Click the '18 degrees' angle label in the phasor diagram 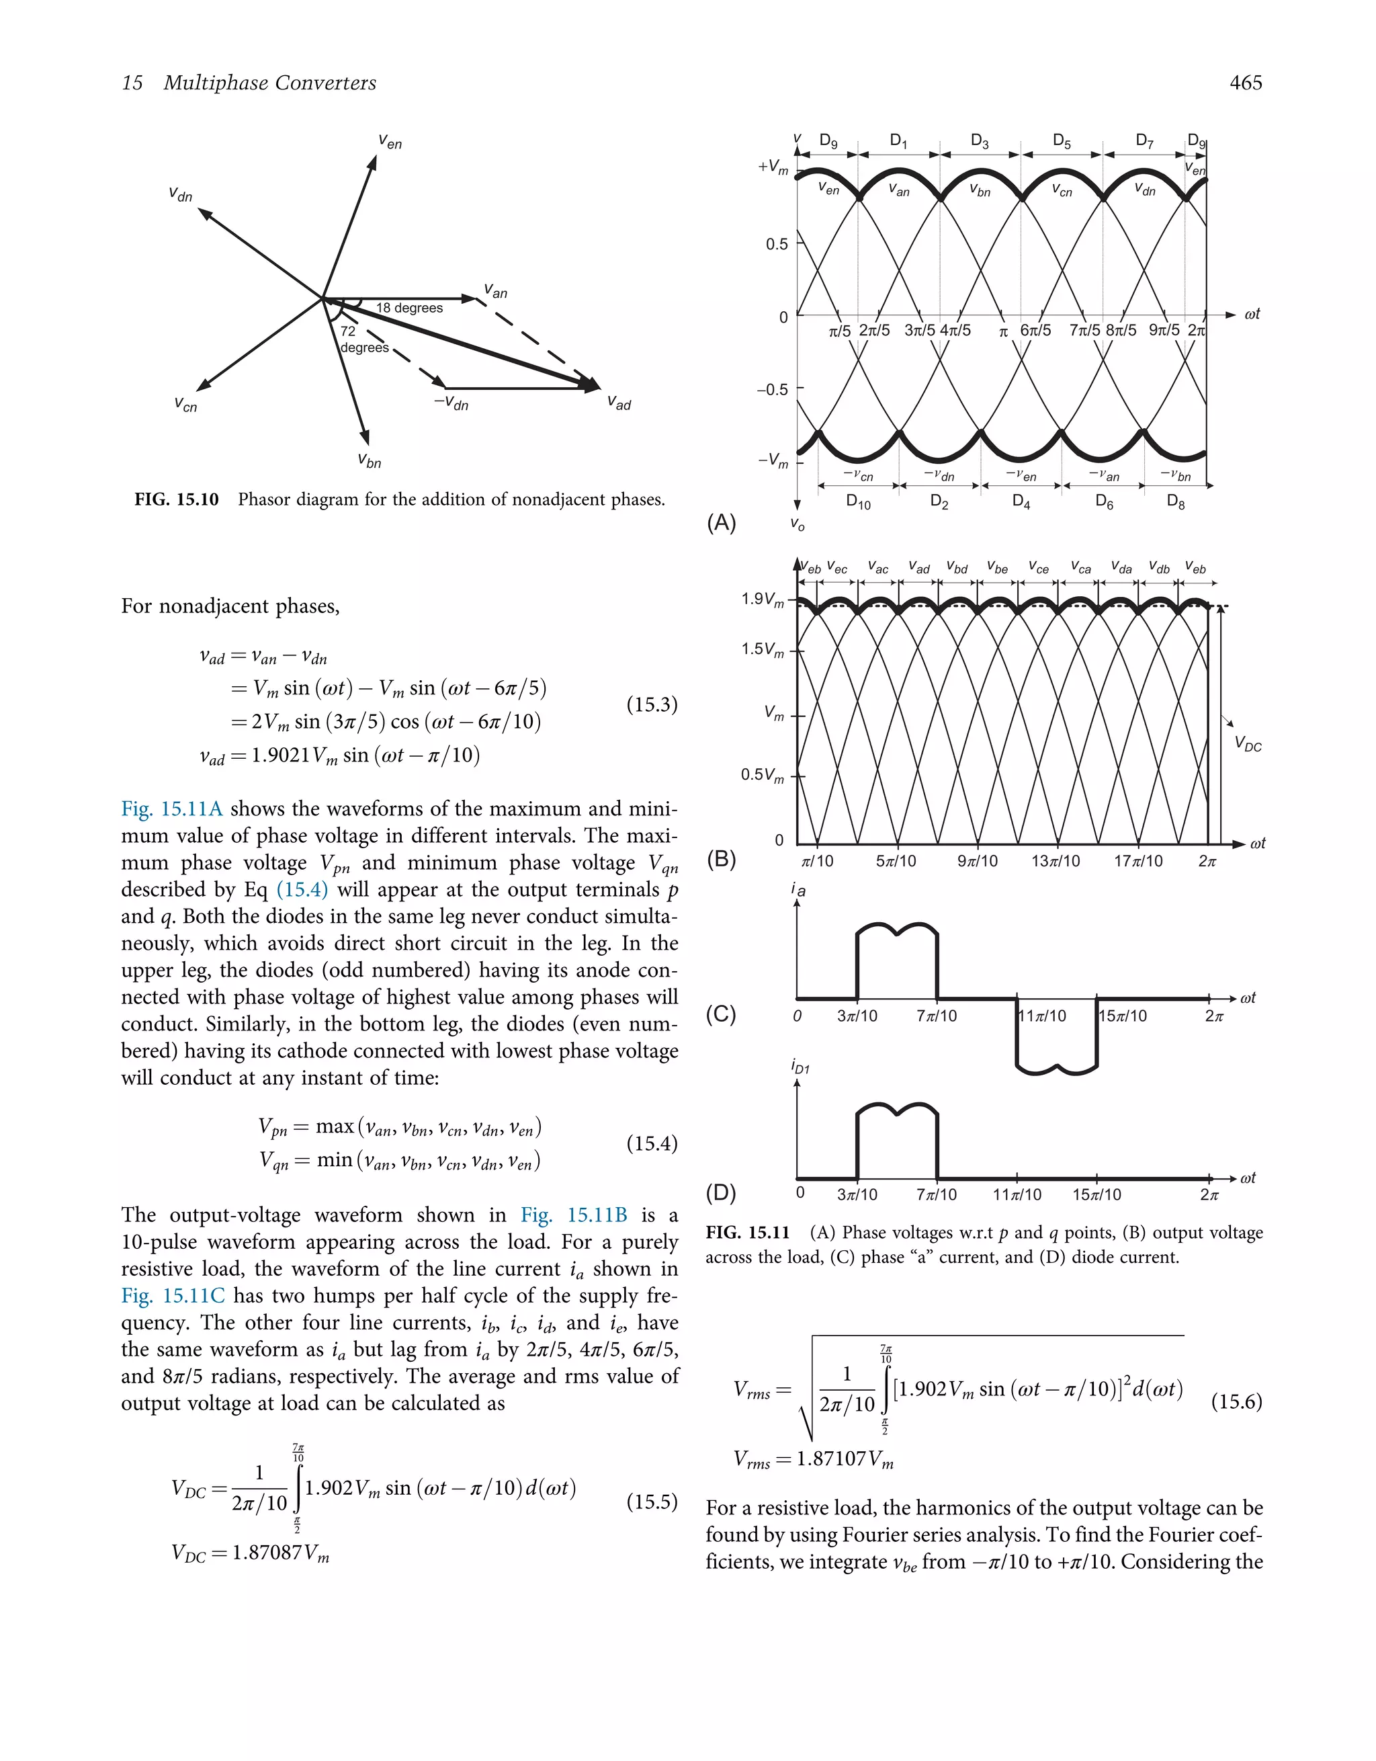pyautogui.click(x=408, y=308)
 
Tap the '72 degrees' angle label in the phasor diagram pyautogui.click(x=363, y=339)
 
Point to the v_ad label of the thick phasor pyautogui.click(x=618, y=403)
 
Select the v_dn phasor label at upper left pyautogui.click(x=181, y=194)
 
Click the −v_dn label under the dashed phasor pyautogui.click(x=451, y=403)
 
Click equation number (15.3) pyautogui.click(x=651, y=704)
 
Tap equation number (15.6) pyautogui.click(x=1236, y=1401)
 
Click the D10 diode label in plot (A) pyautogui.click(x=858, y=501)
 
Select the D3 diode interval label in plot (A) pyautogui.click(x=980, y=141)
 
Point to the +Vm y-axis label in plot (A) pyautogui.click(x=772, y=167)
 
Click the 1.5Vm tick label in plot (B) pyautogui.click(x=762, y=650)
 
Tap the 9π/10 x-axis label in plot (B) pyautogui.click(x=977, y=861)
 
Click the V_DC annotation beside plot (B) pyautogui.click(x=1248, y=745)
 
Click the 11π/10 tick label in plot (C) pyautogui.click(x=1043, y=1016)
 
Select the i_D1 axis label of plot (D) pyautogui.click(x=800, y=1067)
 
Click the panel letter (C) pyautogui.click(x=721, y=1014)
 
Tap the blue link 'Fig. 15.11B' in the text pyautogui.click(x=573, y=1215)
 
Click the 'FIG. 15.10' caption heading pyautogui.click(x=177, y=500)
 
